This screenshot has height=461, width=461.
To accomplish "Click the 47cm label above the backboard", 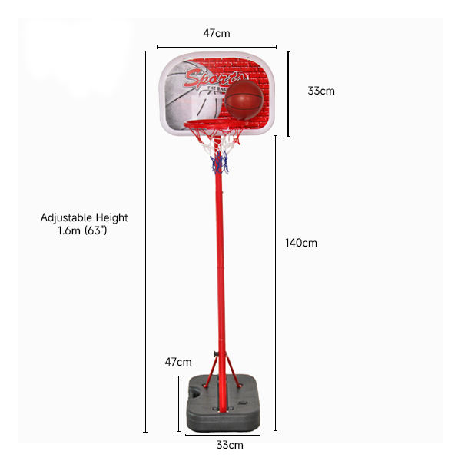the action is (217, 33).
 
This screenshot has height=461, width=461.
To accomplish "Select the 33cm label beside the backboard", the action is (321, 91).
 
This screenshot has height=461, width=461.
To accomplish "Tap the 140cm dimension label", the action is (300, 243).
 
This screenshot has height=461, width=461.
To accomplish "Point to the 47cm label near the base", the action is (177, 362).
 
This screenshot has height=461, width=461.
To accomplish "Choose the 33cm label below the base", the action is (229, 445).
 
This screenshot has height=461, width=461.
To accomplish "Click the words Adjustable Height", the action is (85, 217).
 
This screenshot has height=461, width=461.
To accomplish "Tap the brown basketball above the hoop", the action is (244, 100).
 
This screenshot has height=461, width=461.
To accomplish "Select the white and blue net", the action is (221, 151).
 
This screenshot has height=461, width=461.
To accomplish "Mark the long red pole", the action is (221, 269).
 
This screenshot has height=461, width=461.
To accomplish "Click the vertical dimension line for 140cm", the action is (276, 284).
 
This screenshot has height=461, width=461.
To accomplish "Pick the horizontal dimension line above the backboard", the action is (217, 46).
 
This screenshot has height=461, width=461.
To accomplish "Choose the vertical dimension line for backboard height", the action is (288, 94).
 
